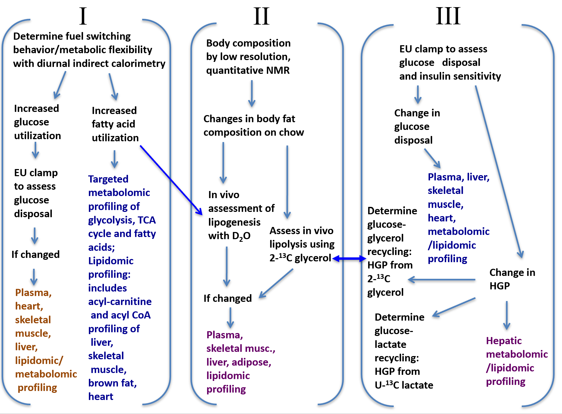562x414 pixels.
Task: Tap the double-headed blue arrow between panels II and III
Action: pyautogui.click(x=349, y=258)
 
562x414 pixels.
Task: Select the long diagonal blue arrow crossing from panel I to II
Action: pyautogui.click(x=171, y=180)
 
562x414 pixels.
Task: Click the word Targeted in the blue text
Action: pyautogui.click(x=108, y=179)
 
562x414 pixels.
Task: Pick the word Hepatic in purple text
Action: pyautogui.click(x=504, y=341)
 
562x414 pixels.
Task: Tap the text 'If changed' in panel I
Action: pyautogui.click(x=35, y=254)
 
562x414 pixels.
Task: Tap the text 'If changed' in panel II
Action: pyautogui.click(x=227, y=298)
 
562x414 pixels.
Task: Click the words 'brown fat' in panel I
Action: pyautogui.click(x=112, y=383)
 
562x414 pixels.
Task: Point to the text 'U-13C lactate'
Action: pyautogui.click(x=404, y=385)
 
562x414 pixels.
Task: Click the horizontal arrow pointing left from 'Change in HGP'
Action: pyautogui.click(x=441, y=279)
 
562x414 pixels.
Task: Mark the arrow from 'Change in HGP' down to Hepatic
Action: pyautogui.click(x=507, y=315)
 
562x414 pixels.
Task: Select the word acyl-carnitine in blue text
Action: pyautogui.click(x=120, y=302)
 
